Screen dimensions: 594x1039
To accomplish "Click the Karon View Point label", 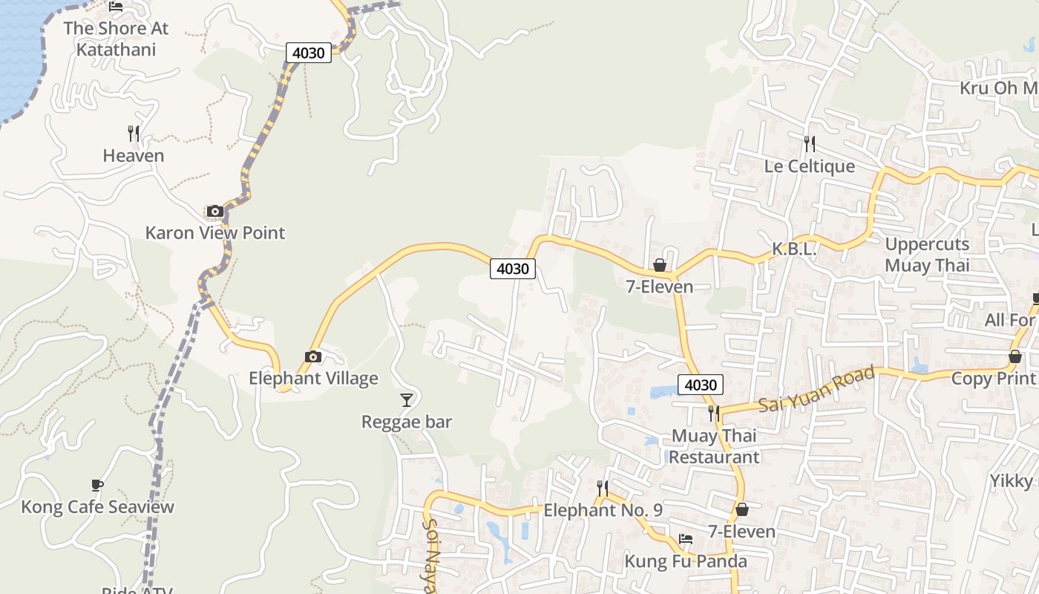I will pyautogui.click(x=214, y=232).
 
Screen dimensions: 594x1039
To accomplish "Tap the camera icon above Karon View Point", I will pyautogui.click(x=215, y=212).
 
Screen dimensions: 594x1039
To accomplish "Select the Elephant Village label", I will pyautogui.click(x=313, y=378).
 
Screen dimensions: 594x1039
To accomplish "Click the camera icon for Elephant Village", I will pyautogui.click(x=313, y=357).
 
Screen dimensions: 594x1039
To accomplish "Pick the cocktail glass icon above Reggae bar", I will pyautogui.click(x=406, y=400).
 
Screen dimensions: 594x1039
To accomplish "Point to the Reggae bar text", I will pyautogui.click(x=406, y=422).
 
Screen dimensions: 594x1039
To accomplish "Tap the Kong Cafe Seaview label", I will pyautogui.click(x=97, y=507).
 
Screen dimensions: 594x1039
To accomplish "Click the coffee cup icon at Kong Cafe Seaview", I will pyautogui.click(x=97, y=486).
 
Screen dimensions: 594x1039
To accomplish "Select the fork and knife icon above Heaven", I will pyautogui.click(x=134, y=134).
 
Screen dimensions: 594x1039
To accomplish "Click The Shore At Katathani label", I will pyautogui.click(x=116, y=39).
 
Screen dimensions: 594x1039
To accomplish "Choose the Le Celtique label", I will pyautogui.click(x=809, y=166).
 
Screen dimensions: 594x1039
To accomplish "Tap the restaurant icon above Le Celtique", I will pyautogui.click(x=809, y=143).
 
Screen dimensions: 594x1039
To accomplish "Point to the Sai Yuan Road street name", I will pyautogui.click(x=816, y=390).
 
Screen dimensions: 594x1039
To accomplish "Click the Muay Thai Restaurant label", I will pyautogui.click(x=714, y=446).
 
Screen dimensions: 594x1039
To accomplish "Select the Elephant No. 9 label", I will pyautogui.click(x=603, y=510).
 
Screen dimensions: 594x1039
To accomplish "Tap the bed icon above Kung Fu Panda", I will pyautogui.click(x=686, y=539).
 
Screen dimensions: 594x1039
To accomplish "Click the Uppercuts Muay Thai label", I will pyautogui.click(x=927, y=255).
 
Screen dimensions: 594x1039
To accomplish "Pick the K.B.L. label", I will pyautogui.click(x=793, y=249).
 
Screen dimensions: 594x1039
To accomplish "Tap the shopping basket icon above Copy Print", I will pyautogui.click(x=1015, y=357).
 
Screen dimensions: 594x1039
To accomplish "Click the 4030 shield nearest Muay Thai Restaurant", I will pyautogui.click(x=700, y=385).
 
